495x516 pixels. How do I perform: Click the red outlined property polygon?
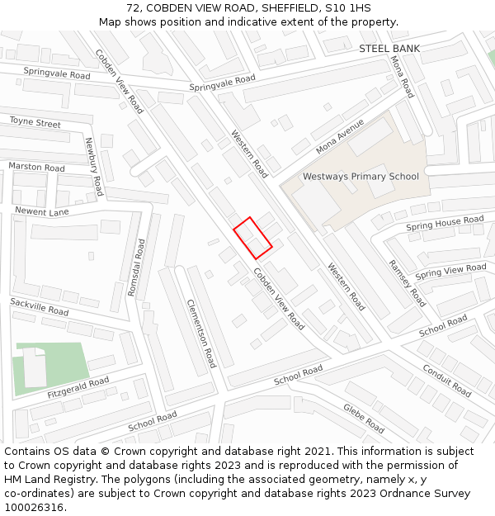tap(252, 239)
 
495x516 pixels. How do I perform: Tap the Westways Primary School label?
tap(361, 177)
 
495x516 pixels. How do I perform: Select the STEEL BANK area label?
tap(389, 49)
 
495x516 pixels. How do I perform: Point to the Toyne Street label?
tap(35, 123)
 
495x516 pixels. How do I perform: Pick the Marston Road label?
tap(36, 167)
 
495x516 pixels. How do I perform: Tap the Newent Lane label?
tap(41, 211)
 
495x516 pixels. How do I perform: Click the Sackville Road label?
tap(40, 308)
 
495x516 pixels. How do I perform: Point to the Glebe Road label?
tap(364, 419)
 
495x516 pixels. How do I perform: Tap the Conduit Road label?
tap(445, 379)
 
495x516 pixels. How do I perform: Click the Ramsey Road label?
tap(407, 283)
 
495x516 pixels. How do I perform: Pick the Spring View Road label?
tap(450, 272)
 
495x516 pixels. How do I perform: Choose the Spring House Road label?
tap(445, 223)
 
